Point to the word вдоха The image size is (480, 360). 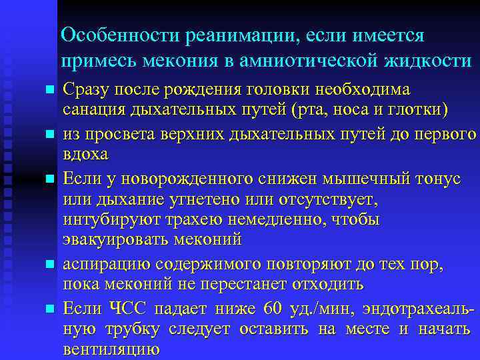coord(84,153)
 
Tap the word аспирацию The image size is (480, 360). coord(99,265)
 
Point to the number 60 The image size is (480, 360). coord(274,309)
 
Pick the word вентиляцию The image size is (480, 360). coord(111,349)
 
